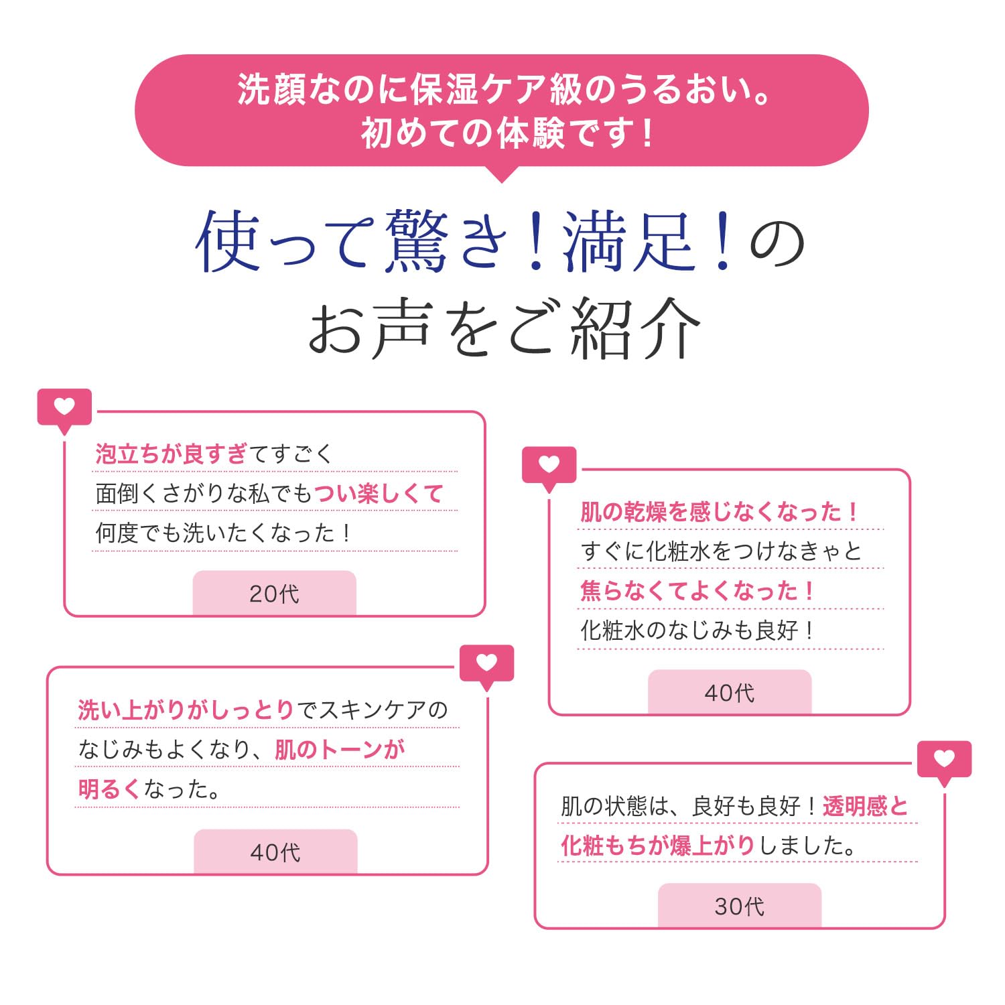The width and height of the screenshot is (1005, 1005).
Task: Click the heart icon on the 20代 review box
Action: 64,407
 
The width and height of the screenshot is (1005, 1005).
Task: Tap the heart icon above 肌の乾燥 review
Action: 549,464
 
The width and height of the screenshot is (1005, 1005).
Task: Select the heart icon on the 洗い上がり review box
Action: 486,663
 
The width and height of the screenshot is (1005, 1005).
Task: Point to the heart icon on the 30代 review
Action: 944,759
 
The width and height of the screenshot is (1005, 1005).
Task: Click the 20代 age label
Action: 274,594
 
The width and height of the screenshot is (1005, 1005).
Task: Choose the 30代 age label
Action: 739,907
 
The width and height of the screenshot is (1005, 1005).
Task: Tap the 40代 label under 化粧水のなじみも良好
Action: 729,693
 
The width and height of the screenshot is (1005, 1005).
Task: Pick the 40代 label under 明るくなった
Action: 275,852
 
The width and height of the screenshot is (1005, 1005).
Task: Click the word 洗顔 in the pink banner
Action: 271,90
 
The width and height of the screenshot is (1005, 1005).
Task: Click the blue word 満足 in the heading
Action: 628,241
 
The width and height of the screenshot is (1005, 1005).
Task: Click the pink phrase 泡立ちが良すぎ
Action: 172,454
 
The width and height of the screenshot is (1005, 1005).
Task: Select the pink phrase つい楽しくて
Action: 379,494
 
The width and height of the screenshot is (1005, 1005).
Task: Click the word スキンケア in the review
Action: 372,710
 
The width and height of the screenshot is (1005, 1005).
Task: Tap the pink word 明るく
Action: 109,789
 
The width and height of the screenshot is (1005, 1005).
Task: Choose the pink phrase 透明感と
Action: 865,806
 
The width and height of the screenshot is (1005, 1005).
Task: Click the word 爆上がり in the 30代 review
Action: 713,846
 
